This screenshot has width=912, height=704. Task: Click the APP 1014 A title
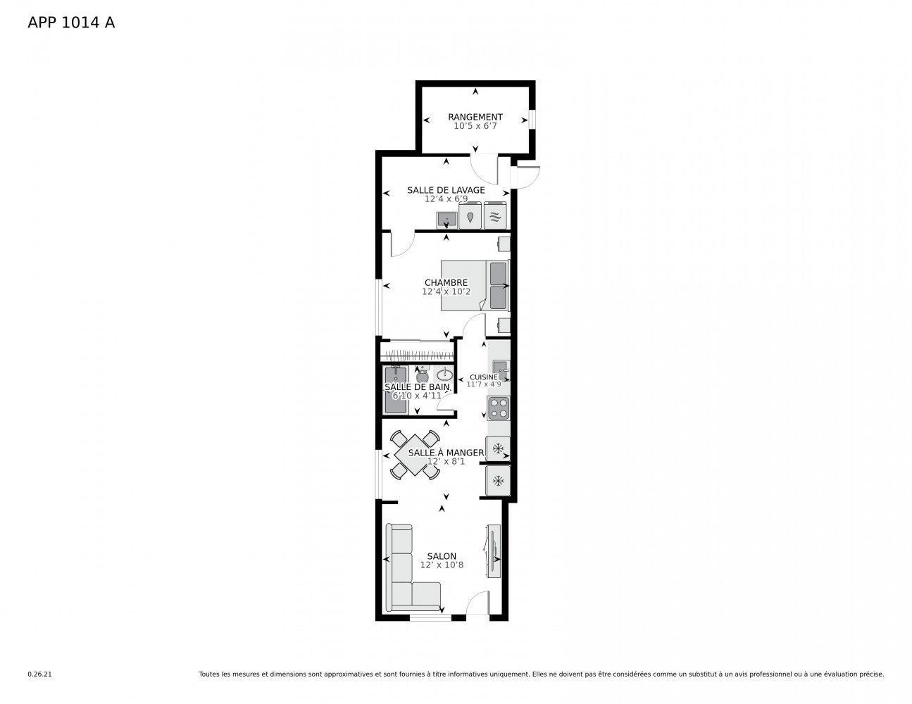70,23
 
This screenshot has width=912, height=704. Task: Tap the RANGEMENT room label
475,117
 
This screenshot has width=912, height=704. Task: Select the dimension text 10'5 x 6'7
475,127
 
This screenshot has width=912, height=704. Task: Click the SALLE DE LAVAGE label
446,190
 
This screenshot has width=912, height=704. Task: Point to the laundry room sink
446,220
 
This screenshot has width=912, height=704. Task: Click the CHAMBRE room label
446,282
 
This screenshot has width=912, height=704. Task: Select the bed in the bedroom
473,285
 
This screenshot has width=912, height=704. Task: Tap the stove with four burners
499,408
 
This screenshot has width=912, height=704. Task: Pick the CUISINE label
483,377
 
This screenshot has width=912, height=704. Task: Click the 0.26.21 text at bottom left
39,674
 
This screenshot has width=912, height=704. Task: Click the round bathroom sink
444,375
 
